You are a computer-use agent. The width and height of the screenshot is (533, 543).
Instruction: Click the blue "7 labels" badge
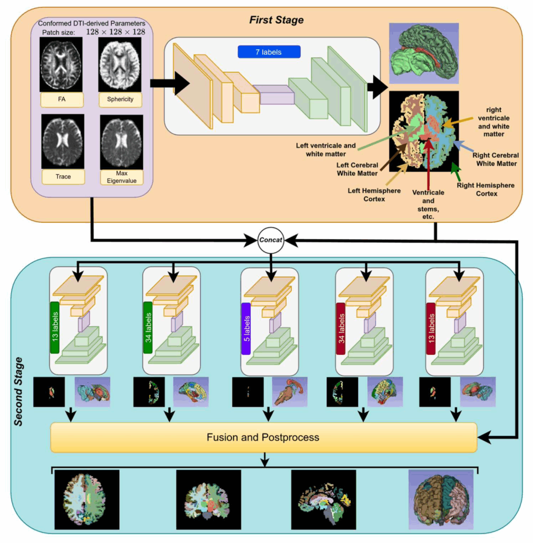click(x=269, y=52)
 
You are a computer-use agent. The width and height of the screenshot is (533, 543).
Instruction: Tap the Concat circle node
click(x=271, y=240)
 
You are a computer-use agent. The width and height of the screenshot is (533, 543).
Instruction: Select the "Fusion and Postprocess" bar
click(x=264, y=437)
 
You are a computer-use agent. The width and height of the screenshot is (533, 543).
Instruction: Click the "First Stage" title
click(x=276, y=20)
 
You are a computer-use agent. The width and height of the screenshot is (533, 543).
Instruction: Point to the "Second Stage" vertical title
click(x=19, y=391)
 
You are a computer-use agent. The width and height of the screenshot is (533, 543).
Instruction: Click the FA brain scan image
click(x=61, y=64)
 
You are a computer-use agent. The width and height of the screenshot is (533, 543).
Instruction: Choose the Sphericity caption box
click(x=120, y=99)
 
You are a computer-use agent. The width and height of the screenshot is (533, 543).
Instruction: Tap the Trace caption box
click(x=63, y=177)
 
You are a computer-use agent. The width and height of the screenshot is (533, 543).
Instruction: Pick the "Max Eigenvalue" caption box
click(x=121, y=177)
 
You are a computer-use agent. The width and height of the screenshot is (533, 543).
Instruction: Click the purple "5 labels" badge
click(x=246, y=329)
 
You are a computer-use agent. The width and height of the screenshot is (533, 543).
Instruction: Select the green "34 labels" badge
click(x=148, y=328)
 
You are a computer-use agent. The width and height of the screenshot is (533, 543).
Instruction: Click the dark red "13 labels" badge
click(x=431, y=329)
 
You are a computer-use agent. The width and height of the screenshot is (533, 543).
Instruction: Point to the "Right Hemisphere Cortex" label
click(x=486, y=189)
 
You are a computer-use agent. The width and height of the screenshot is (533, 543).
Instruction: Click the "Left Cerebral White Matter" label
click(x=357, y=169)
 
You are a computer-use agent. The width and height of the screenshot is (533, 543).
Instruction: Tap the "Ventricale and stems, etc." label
click(x=428, y=204)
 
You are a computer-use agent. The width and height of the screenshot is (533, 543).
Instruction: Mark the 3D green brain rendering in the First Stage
click(x=424, y=54)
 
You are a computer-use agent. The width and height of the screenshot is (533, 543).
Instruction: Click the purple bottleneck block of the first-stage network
click(x=274, y=94)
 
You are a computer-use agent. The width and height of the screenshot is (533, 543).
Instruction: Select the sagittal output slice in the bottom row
click(x=324, y=500)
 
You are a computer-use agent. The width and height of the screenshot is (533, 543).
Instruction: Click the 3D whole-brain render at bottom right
click(x=441, y=500)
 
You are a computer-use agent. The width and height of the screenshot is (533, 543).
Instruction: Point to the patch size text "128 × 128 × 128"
click(x=116, y=32)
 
